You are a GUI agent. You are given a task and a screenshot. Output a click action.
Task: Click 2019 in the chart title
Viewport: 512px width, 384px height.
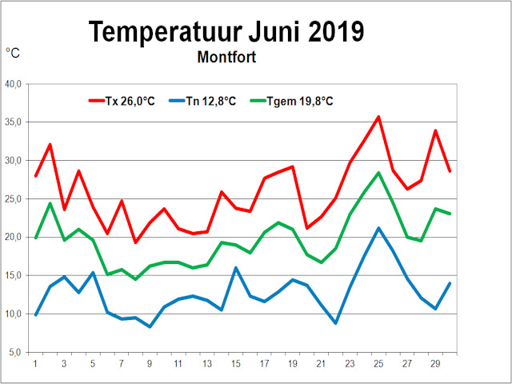(329, 31)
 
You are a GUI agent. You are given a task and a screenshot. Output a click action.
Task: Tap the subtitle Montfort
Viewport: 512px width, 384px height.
(226, 58)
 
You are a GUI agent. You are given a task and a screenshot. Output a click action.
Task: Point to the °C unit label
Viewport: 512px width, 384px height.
(14, 54)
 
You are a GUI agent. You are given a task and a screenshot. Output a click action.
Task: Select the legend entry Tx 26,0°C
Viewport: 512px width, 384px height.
(128, 101)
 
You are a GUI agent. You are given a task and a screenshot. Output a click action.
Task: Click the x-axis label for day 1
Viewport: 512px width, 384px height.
(36, 363)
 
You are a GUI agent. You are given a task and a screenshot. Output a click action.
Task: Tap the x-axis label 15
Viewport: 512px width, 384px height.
(236, 363)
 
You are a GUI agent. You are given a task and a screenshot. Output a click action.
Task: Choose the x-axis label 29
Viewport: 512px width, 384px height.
(435, 363)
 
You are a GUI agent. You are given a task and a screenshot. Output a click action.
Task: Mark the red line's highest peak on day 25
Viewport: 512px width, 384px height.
(378, 117)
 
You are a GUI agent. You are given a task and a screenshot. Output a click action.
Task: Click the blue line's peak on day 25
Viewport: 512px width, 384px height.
(378, 228)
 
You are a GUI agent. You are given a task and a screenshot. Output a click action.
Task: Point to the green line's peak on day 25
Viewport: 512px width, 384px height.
(378, 173)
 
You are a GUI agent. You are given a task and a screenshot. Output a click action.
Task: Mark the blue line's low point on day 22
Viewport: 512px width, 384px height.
(336, 323)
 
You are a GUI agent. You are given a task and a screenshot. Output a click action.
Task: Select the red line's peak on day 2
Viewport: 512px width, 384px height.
(50, 145)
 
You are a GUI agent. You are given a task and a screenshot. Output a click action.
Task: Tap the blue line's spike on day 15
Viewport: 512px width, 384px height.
(236, 268)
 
